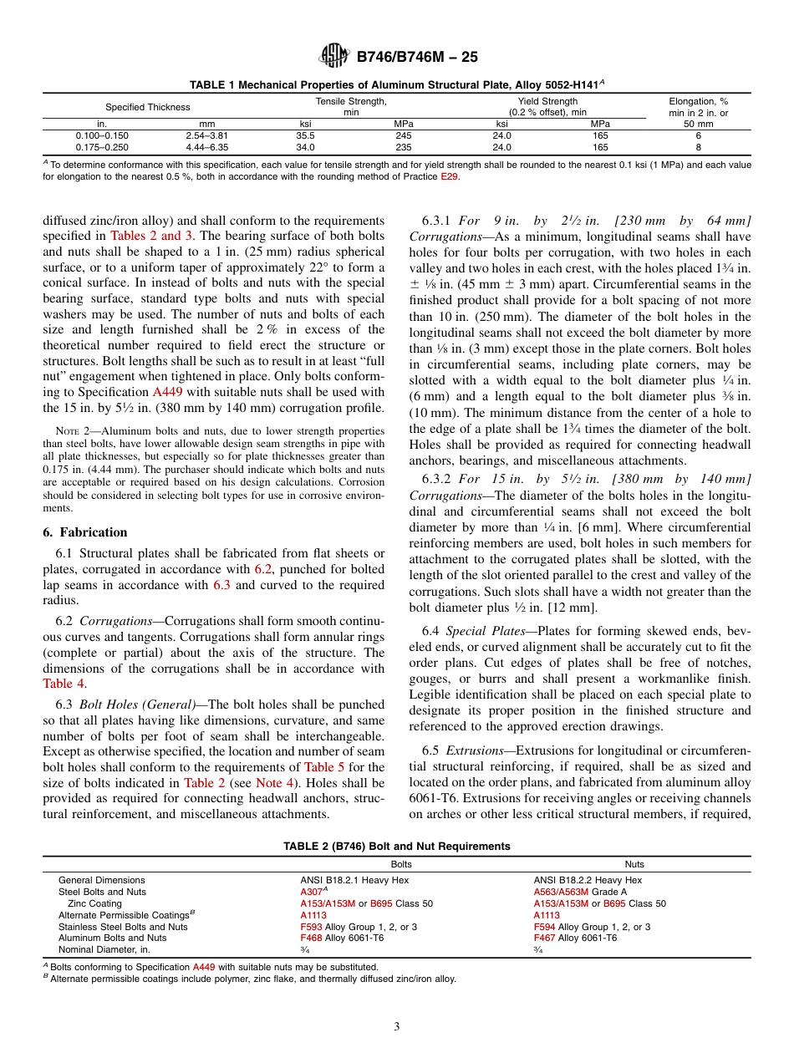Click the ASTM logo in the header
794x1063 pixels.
333,56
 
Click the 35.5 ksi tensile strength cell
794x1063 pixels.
305,135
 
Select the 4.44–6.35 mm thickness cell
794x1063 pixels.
207,147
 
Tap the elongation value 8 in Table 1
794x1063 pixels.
698,147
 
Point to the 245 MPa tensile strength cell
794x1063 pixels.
404,135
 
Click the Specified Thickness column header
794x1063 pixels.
147,107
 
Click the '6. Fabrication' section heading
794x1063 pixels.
85,532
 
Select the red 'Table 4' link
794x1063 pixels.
64,684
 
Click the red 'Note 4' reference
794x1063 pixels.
268,783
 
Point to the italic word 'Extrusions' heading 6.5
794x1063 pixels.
475,750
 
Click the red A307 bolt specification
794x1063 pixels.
310,892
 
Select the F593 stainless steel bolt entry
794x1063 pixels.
309,927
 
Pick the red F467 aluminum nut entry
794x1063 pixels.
544,938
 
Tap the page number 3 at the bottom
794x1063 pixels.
397,1026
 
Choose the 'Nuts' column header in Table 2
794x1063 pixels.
634,864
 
